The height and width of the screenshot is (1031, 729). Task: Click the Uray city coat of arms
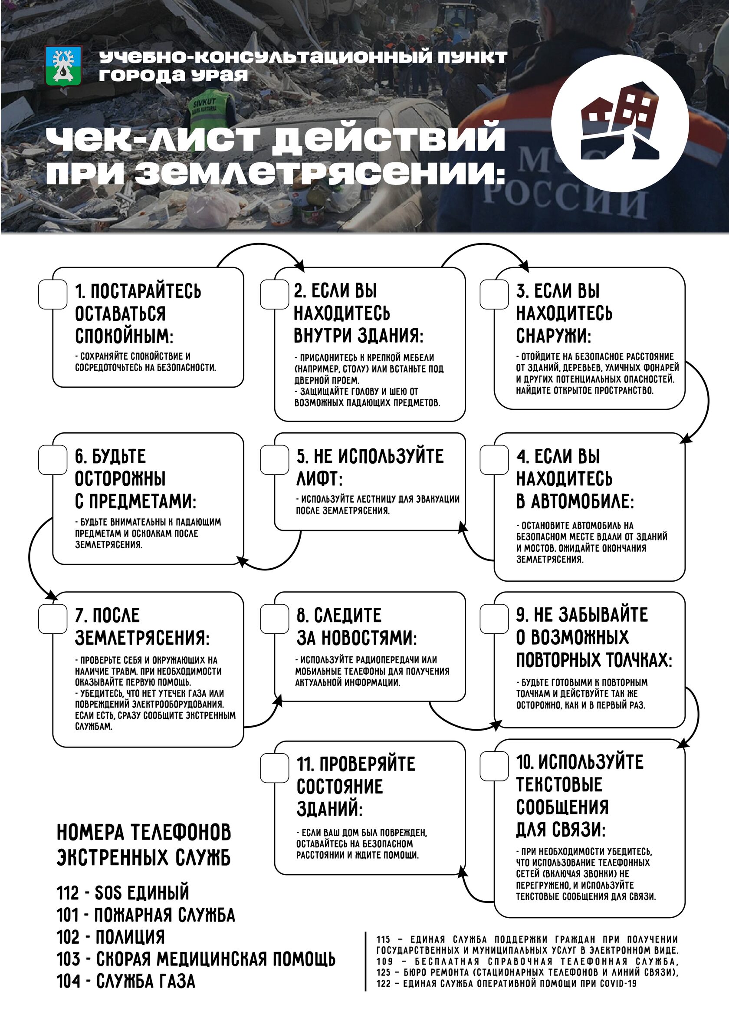pos(63,66)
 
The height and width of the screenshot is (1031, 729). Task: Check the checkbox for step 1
pos(53,295)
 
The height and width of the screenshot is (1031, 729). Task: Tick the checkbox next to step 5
pos(274,460)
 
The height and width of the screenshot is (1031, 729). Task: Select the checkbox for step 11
pos(274,768)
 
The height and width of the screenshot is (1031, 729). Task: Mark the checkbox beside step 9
pos(494,619)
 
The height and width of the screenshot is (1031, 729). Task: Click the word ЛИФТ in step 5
pos(318,479)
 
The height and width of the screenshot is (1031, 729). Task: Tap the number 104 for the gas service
pos(68,981)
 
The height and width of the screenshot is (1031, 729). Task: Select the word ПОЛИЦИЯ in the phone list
pos(129,937)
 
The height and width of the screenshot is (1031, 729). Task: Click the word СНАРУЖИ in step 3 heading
pos(552,336)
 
